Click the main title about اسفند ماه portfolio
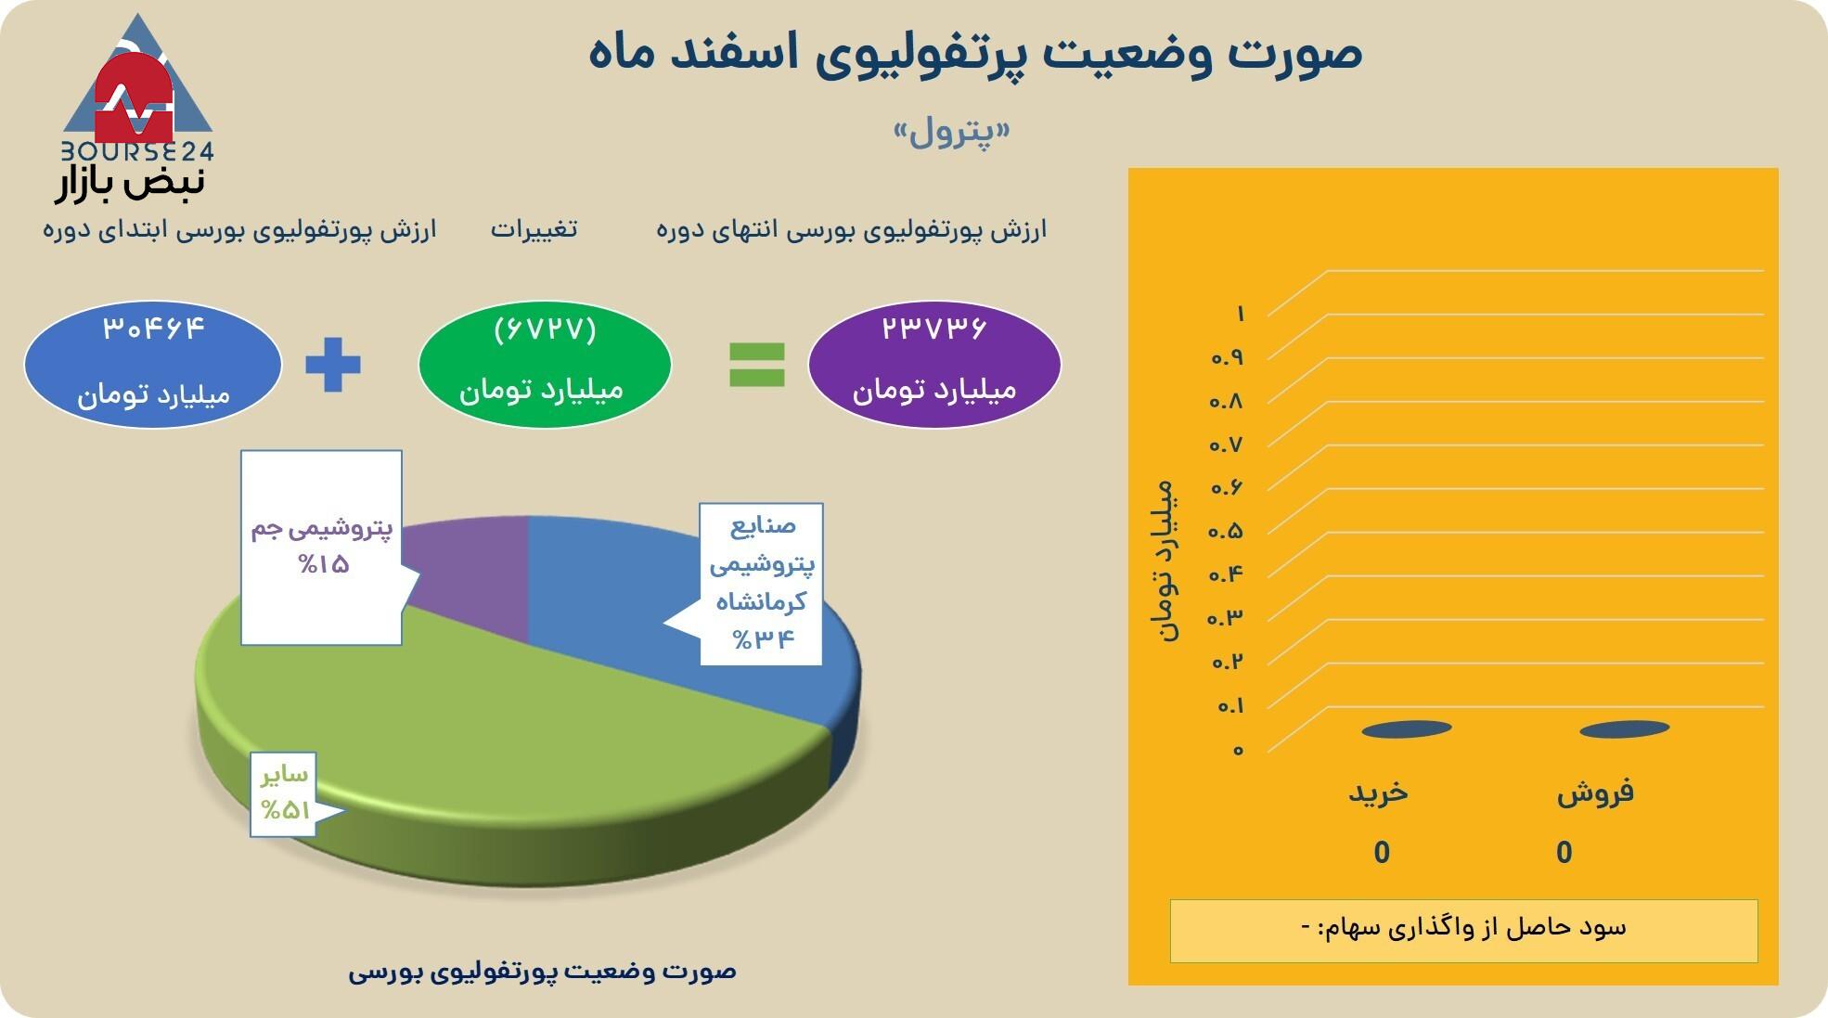(974, 52)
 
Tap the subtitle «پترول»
(951, 133)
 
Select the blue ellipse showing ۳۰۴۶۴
(153, 364)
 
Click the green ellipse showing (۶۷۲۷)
(545, 364)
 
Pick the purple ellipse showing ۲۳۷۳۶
(934, 364)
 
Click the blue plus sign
(333, 364)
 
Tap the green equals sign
(757, 365)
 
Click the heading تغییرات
(534, 229)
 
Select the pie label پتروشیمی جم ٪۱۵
(321, 548)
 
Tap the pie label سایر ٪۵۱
(284, 793)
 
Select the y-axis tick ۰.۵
(1226, 532)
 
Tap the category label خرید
(1378, 792)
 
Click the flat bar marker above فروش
(1624, 729)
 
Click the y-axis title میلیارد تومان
(1167, 561)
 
